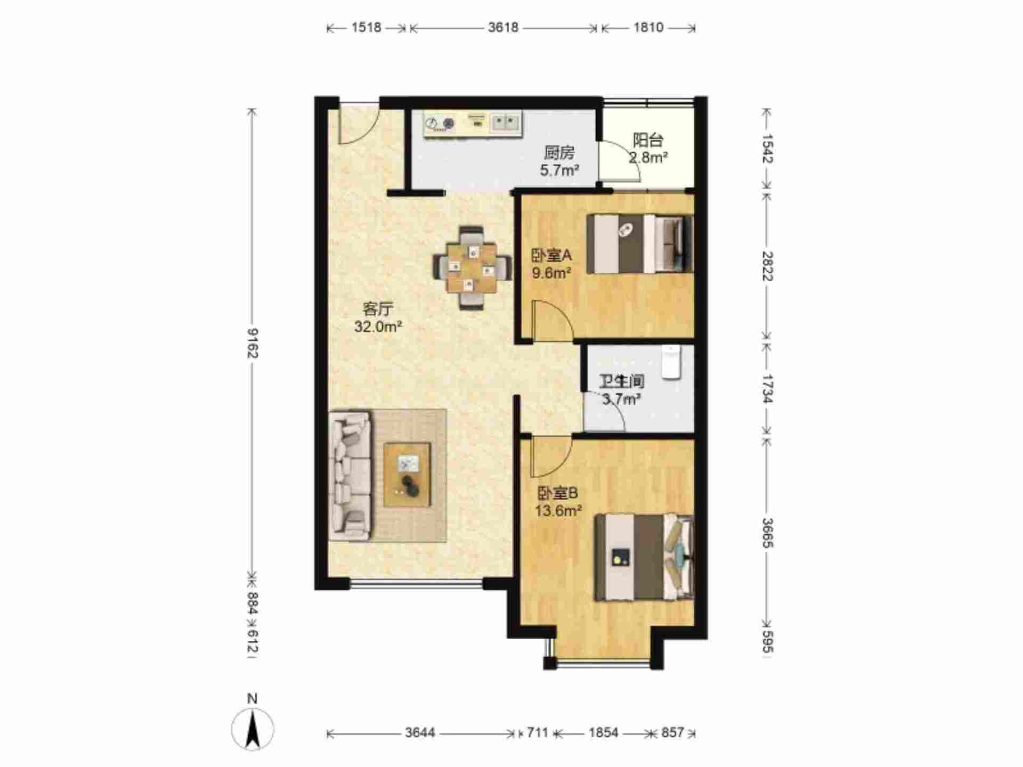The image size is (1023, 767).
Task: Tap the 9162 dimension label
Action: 252,344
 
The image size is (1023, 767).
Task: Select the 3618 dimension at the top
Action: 503,27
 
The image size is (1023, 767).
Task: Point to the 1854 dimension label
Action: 603,733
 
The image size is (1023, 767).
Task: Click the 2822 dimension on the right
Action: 767,266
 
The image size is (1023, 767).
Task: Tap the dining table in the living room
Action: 472,268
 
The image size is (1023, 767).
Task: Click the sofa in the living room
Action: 350,474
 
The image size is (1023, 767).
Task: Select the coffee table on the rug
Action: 408,475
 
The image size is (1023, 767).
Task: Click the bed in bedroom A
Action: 640,243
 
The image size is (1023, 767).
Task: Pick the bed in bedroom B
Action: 644,557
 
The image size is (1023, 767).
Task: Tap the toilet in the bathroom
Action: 671,362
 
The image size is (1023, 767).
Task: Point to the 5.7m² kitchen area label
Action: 559,170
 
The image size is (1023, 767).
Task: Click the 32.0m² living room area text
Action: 378,327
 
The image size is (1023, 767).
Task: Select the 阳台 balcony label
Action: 648,140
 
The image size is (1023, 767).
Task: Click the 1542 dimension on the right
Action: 767,148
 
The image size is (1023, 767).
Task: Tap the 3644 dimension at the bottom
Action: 420,733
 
